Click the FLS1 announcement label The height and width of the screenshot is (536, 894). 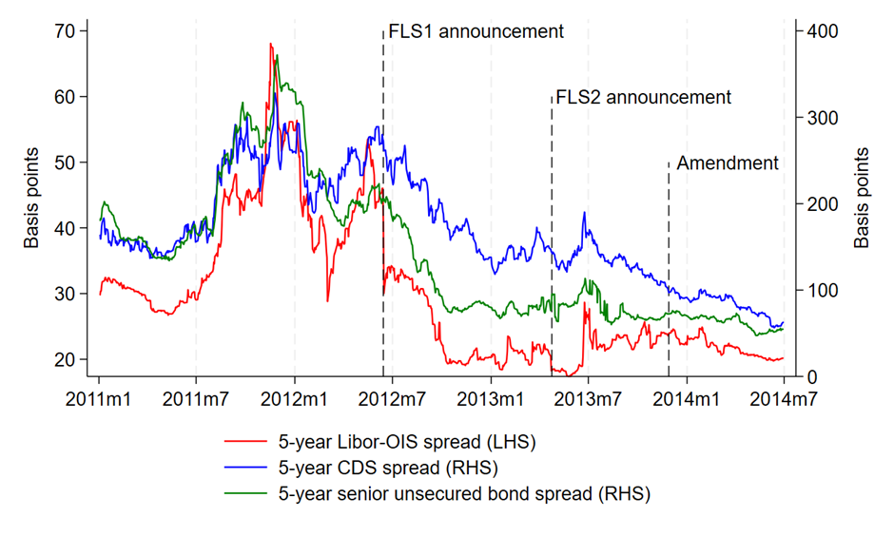[476, 31]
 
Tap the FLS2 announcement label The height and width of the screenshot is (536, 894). [643, 97]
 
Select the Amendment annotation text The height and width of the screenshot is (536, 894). [727, 163]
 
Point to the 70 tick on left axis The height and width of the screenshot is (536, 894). [65, 30]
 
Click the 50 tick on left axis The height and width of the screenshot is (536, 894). [65, 163]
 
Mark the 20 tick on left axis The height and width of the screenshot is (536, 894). [65, 360]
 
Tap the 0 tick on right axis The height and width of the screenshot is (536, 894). [807, 377]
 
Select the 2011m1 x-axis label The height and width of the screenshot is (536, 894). [99, 398]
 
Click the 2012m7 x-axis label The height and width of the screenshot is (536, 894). [392, 398]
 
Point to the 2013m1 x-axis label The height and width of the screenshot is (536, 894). [491, 398]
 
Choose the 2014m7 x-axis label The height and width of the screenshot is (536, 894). [782, 398]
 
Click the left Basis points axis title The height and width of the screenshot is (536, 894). [32, 199]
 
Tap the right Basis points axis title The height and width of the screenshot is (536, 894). [862, 199]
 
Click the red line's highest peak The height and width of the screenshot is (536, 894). [271, 44]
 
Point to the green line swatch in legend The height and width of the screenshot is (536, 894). [245, 493]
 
